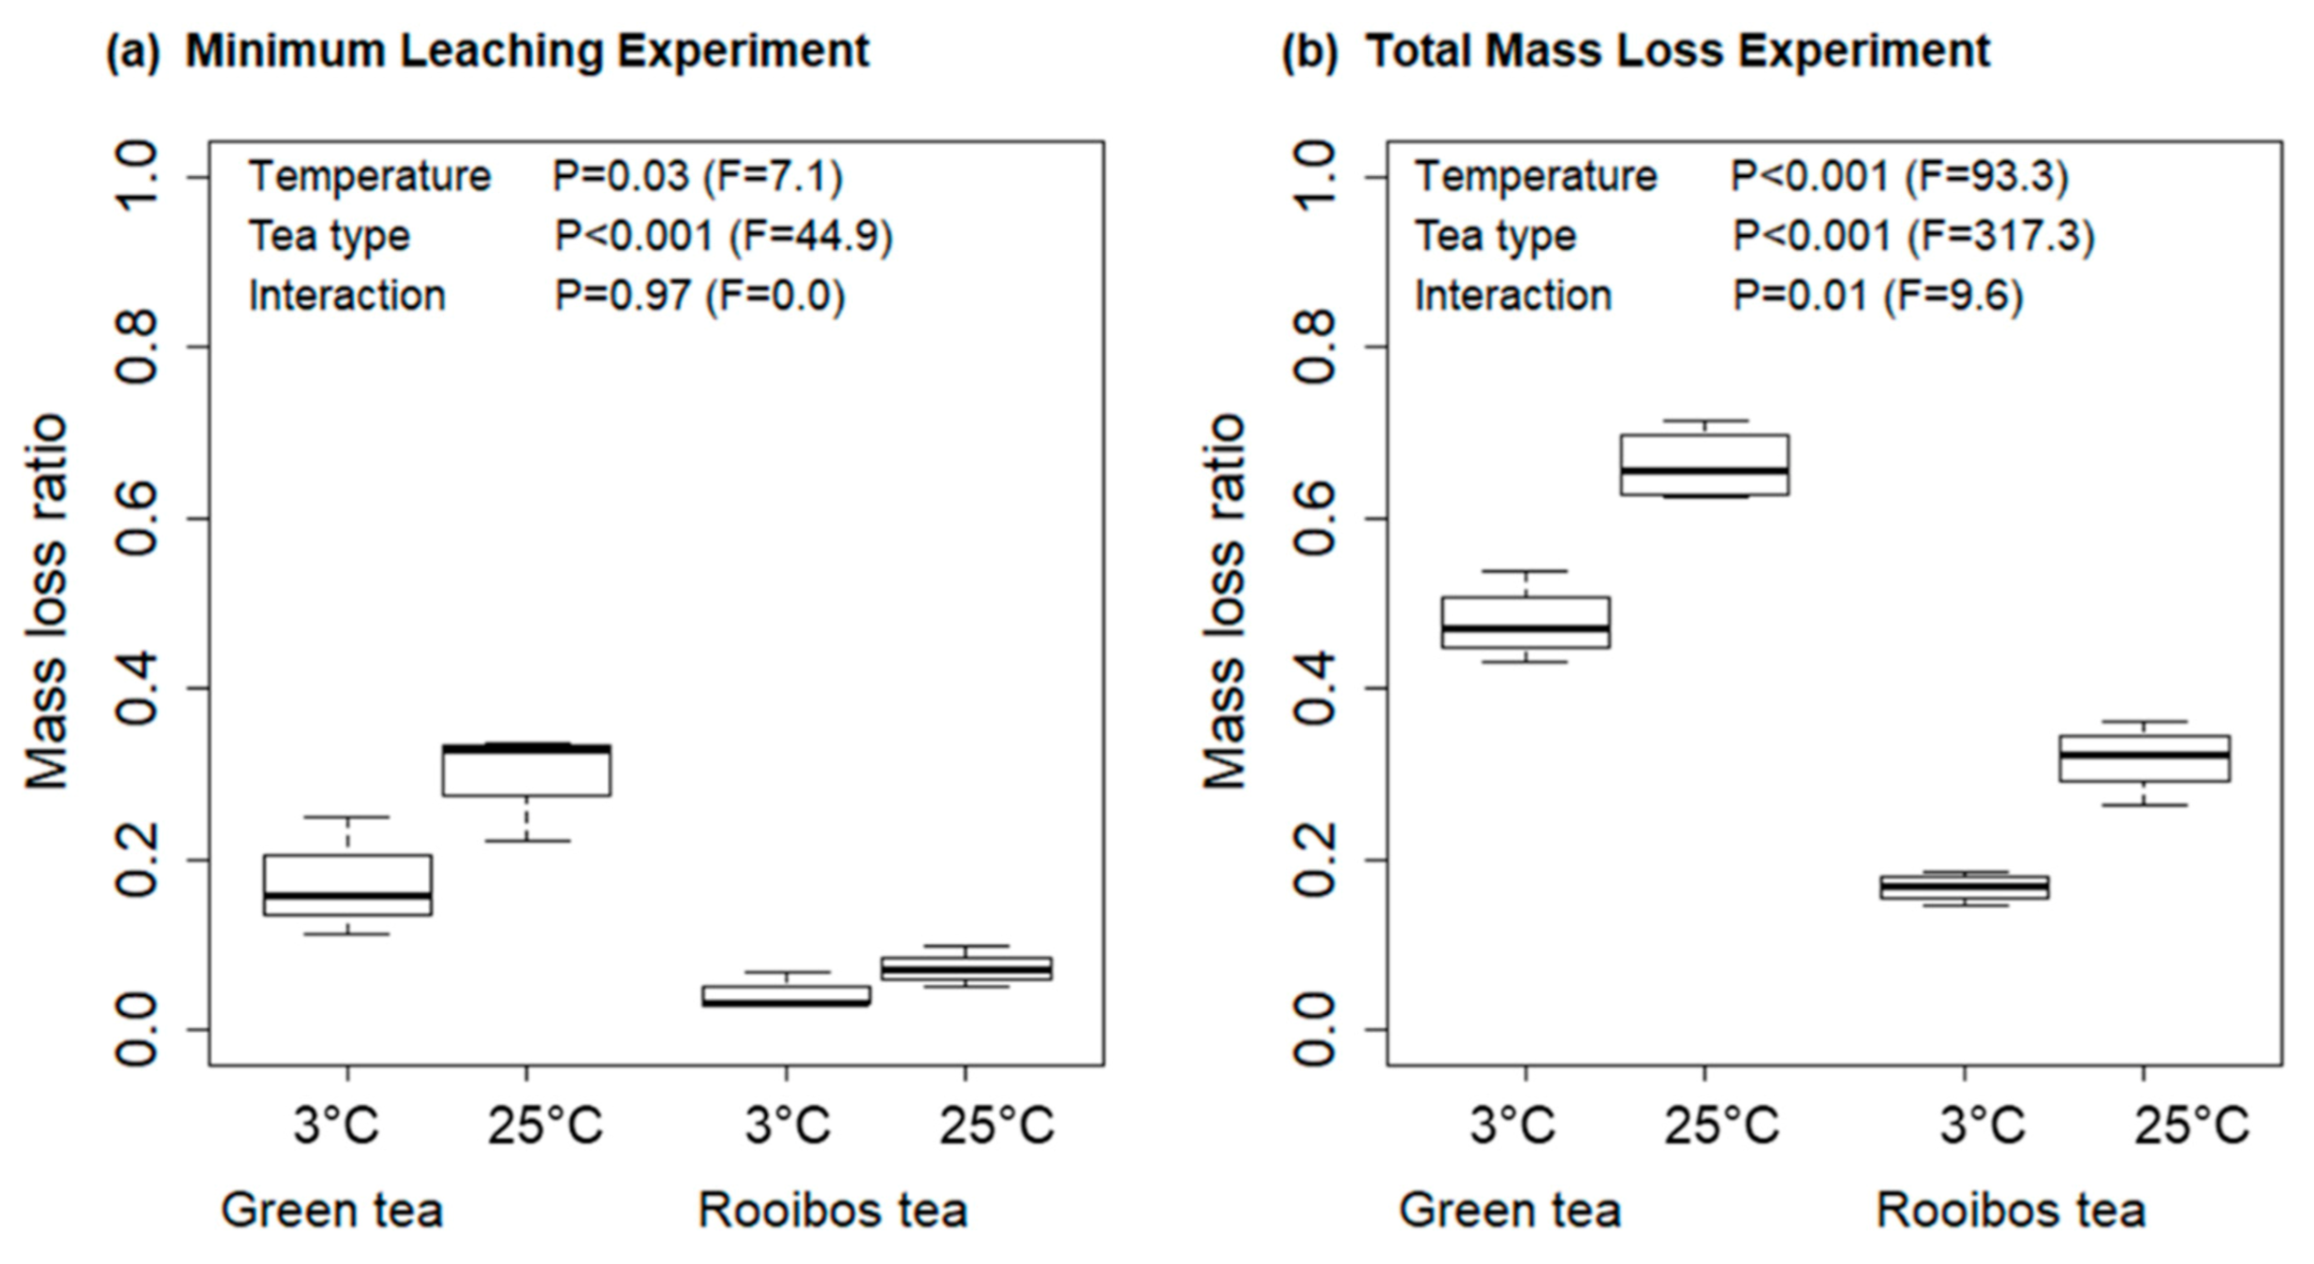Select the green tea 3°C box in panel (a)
(x=347, y=884)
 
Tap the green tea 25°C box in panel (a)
(x=526, y=771)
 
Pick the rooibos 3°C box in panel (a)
(x=786, y=995)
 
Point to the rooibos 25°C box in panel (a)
(x=965, y=968)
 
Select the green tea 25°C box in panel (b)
(x=1704, y=464)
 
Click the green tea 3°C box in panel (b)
(x=1525, y=623)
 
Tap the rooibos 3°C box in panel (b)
(x=1964, y=887)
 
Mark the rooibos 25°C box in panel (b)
(x=2144, y=757)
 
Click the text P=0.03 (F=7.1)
(x=698, y=176)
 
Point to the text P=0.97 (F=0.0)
(x=700, y=296)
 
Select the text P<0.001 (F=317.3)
(x=1912, y=236)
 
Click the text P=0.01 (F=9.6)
(x=1878, y=296)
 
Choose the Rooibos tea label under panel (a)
(x=833, y=1210)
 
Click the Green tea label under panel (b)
(x=1510, y=1210)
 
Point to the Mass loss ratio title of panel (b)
(x=1224, y=602)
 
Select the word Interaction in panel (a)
(x=346, y=296)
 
